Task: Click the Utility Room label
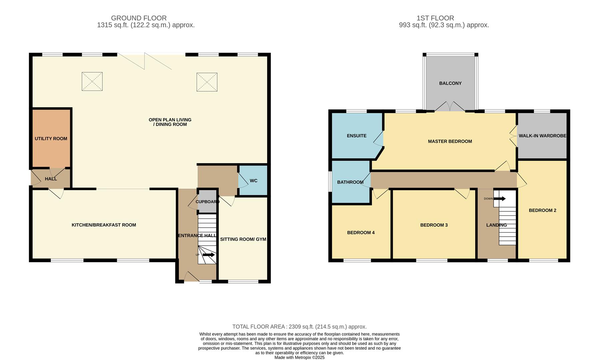tap(51, 139)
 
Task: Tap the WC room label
tap(253, 181)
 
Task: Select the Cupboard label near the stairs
tap(207, 202)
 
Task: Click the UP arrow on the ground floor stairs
tap(208, 255)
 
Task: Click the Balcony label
tap(450, 83)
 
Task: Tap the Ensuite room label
tap(357, 136)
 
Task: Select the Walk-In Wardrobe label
tap(542, 136)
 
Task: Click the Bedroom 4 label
tap(361, 233)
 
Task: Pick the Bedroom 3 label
tap(434, 225)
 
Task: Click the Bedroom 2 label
tap(542, 210)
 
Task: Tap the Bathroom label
tap(350, 182)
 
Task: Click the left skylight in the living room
tap(92, 81)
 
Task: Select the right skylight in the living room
tap(207, 82)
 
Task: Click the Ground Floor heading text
tap(139, 18)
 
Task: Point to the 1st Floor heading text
tap(435, 18)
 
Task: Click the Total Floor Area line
tap(299, 327)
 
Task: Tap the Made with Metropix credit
tap(299, 357)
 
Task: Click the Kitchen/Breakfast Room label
tap(104, 225)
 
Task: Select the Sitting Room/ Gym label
tap(243, 239)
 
